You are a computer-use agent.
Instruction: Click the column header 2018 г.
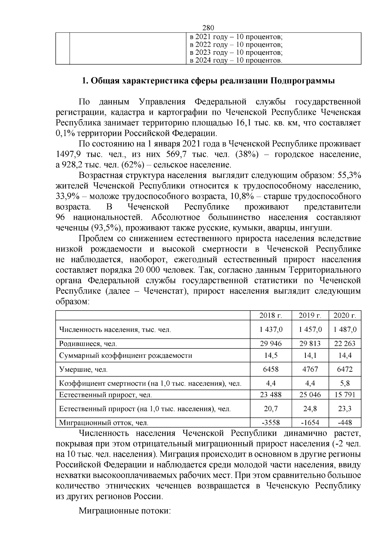(x=271, y=315)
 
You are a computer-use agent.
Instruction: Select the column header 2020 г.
(x=345, y=315)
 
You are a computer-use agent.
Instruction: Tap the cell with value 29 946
(x=271, y=343)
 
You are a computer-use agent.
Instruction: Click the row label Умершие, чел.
(x=83, y=369)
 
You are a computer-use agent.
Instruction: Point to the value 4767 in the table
(x=310, y=369)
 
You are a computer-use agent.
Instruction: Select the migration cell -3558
(x=271, y=423)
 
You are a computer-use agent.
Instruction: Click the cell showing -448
(x=345, y=423)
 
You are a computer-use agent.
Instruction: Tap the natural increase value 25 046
(x=310, y=394)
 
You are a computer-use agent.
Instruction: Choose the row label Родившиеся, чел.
(x=88, y=344)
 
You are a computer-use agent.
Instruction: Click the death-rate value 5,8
(x=345, y=383)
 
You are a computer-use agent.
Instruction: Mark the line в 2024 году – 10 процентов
(x=236, y=60)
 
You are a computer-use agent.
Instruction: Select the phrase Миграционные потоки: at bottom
(x=125, y=511)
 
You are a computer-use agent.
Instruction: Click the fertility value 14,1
(x=310, y=355)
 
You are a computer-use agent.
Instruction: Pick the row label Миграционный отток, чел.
(x=104, y=423)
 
